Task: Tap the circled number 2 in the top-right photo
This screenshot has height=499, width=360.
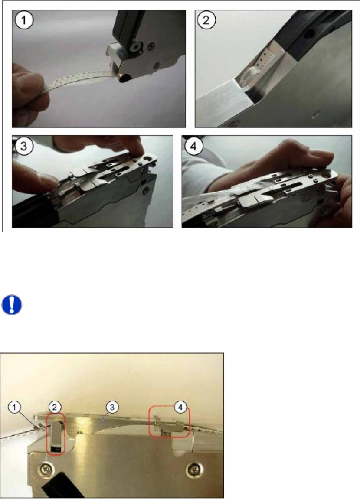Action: [206, 20]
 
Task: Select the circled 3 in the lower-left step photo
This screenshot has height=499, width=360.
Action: [24, 147]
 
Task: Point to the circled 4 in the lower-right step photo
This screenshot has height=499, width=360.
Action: [193, 147]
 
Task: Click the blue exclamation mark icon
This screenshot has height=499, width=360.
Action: [12, 305]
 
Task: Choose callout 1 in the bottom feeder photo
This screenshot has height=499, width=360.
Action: [15, 408]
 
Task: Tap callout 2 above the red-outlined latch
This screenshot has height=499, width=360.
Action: [55, 407]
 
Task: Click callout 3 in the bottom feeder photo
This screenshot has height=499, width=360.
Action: [112, 407]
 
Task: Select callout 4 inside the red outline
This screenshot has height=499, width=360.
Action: [180, 407]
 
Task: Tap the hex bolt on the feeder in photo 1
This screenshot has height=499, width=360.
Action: [137, 47]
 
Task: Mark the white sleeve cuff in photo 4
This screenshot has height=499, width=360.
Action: [204, 178]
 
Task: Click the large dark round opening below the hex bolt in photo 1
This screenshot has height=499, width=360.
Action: [125, 77]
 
